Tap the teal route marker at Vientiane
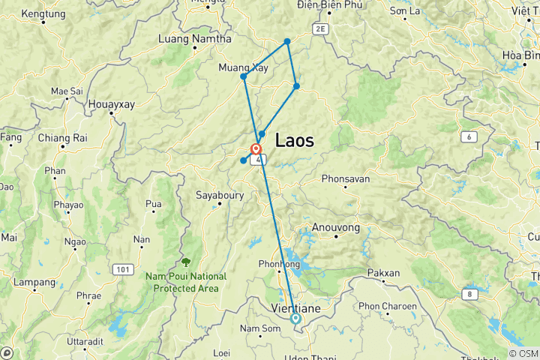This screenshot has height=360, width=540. (295, 319)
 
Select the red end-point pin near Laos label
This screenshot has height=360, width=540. (256, 148)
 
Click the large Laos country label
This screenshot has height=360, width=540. (294, 139)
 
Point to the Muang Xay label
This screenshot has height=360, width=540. (243, 67)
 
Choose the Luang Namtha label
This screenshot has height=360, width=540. (187, 38)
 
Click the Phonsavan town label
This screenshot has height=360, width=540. (346, 179)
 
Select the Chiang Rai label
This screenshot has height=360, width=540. (63, 138)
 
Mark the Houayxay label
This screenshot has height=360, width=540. (112, 104)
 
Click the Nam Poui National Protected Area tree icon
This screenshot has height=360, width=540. (185, 262)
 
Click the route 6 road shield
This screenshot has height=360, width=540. (469, 136)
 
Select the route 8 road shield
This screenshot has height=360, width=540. (470, 293)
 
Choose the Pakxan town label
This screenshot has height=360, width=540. (385, 274)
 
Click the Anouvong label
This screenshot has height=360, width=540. (335, 227)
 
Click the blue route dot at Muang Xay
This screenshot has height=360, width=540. (244, 76)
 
